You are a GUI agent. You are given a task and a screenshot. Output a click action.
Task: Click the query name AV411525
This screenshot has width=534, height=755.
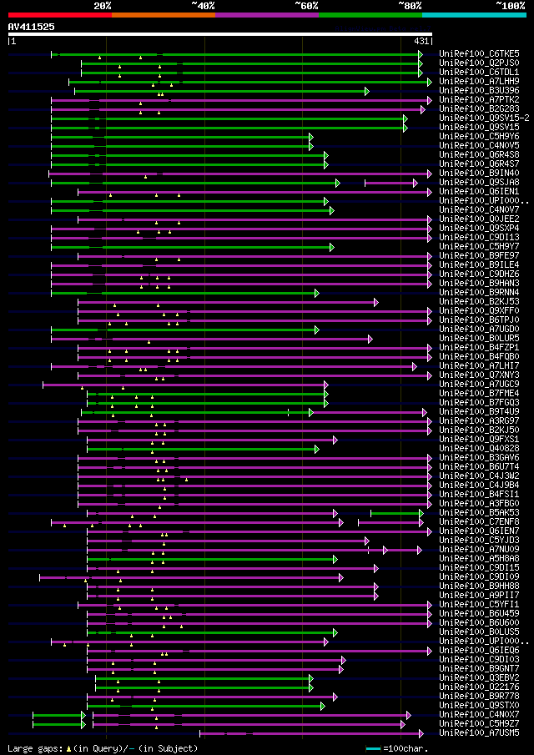[x=32, y=27]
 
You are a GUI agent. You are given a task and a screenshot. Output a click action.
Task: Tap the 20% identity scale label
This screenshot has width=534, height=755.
[x=103, y=5]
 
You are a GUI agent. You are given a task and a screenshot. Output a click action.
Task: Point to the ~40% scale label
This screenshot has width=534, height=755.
[x=203, y=5]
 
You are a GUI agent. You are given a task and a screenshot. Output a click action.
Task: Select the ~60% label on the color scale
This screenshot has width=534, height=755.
[x=306, y=5]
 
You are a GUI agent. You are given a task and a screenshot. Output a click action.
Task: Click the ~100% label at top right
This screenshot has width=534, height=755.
[x=511, y=5]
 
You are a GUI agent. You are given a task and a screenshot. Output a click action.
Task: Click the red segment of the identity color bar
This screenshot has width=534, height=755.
[x=59, y=14]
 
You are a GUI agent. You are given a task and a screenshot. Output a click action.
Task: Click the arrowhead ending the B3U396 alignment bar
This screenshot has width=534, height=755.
[x=366, y=90]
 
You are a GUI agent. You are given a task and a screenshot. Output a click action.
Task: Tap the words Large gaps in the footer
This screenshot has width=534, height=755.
[x=33, y=748]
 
